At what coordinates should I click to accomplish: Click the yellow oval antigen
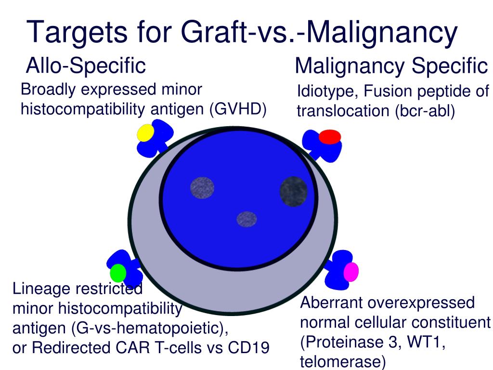coord(145,133)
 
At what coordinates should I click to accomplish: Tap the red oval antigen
coord(330,137)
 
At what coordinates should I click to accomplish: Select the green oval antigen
coord(118,273)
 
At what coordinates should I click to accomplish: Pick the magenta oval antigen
coord(351,272)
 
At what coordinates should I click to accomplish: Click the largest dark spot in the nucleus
coord(294,192)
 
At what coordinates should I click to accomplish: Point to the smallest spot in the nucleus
coord(247,219)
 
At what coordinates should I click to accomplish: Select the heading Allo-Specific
coord(86,66)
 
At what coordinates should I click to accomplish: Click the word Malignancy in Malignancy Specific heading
coord(350,66)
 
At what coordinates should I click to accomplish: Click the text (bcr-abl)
coord(425,111)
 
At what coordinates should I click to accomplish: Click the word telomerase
coord(343,362)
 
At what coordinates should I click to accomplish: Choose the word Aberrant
coord(331,303)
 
